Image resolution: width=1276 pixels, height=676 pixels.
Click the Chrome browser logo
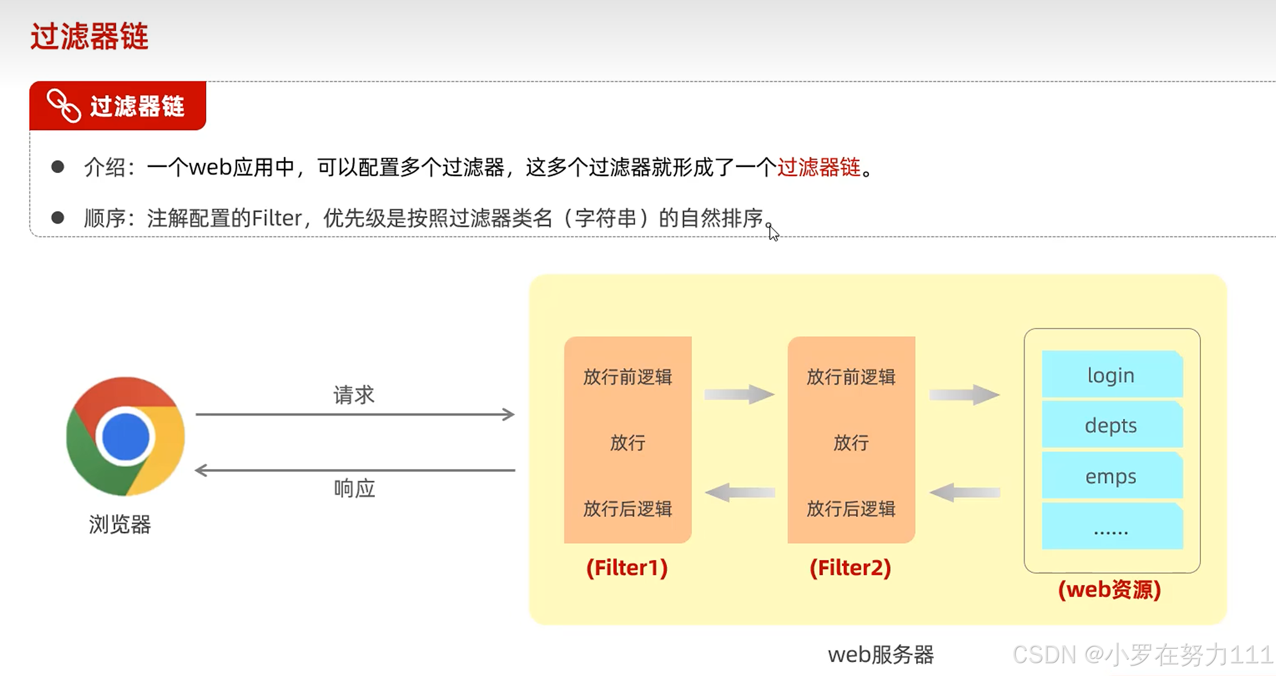click(125, 436)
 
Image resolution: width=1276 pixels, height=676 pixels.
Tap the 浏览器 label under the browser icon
click(120, 524)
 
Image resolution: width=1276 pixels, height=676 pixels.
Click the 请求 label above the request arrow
click(354, 395)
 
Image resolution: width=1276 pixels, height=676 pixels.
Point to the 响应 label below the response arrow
click(354, 489)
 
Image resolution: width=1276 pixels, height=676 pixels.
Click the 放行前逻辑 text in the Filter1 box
click(627, 377)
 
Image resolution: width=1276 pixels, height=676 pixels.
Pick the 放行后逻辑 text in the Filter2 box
click(851, 509)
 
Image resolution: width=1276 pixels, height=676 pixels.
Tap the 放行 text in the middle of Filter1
click(627, 443)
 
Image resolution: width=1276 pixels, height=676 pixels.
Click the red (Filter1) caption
click(627, 568)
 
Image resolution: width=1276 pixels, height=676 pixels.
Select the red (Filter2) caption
click(850, 568)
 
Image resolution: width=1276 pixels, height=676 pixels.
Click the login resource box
click(1111, 375)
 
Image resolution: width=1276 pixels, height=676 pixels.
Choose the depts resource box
click(1111, 426)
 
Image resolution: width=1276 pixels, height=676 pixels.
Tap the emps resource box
click(1111, 476)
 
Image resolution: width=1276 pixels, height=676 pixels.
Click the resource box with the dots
click(1111, 527)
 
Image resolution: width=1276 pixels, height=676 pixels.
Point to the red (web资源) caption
click(1110, 590)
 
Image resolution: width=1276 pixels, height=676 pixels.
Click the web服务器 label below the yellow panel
click(881, 655)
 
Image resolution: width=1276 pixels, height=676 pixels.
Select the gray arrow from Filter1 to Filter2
click(739, 394)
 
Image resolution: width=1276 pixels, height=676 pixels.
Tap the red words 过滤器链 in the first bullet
click(819, 167)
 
